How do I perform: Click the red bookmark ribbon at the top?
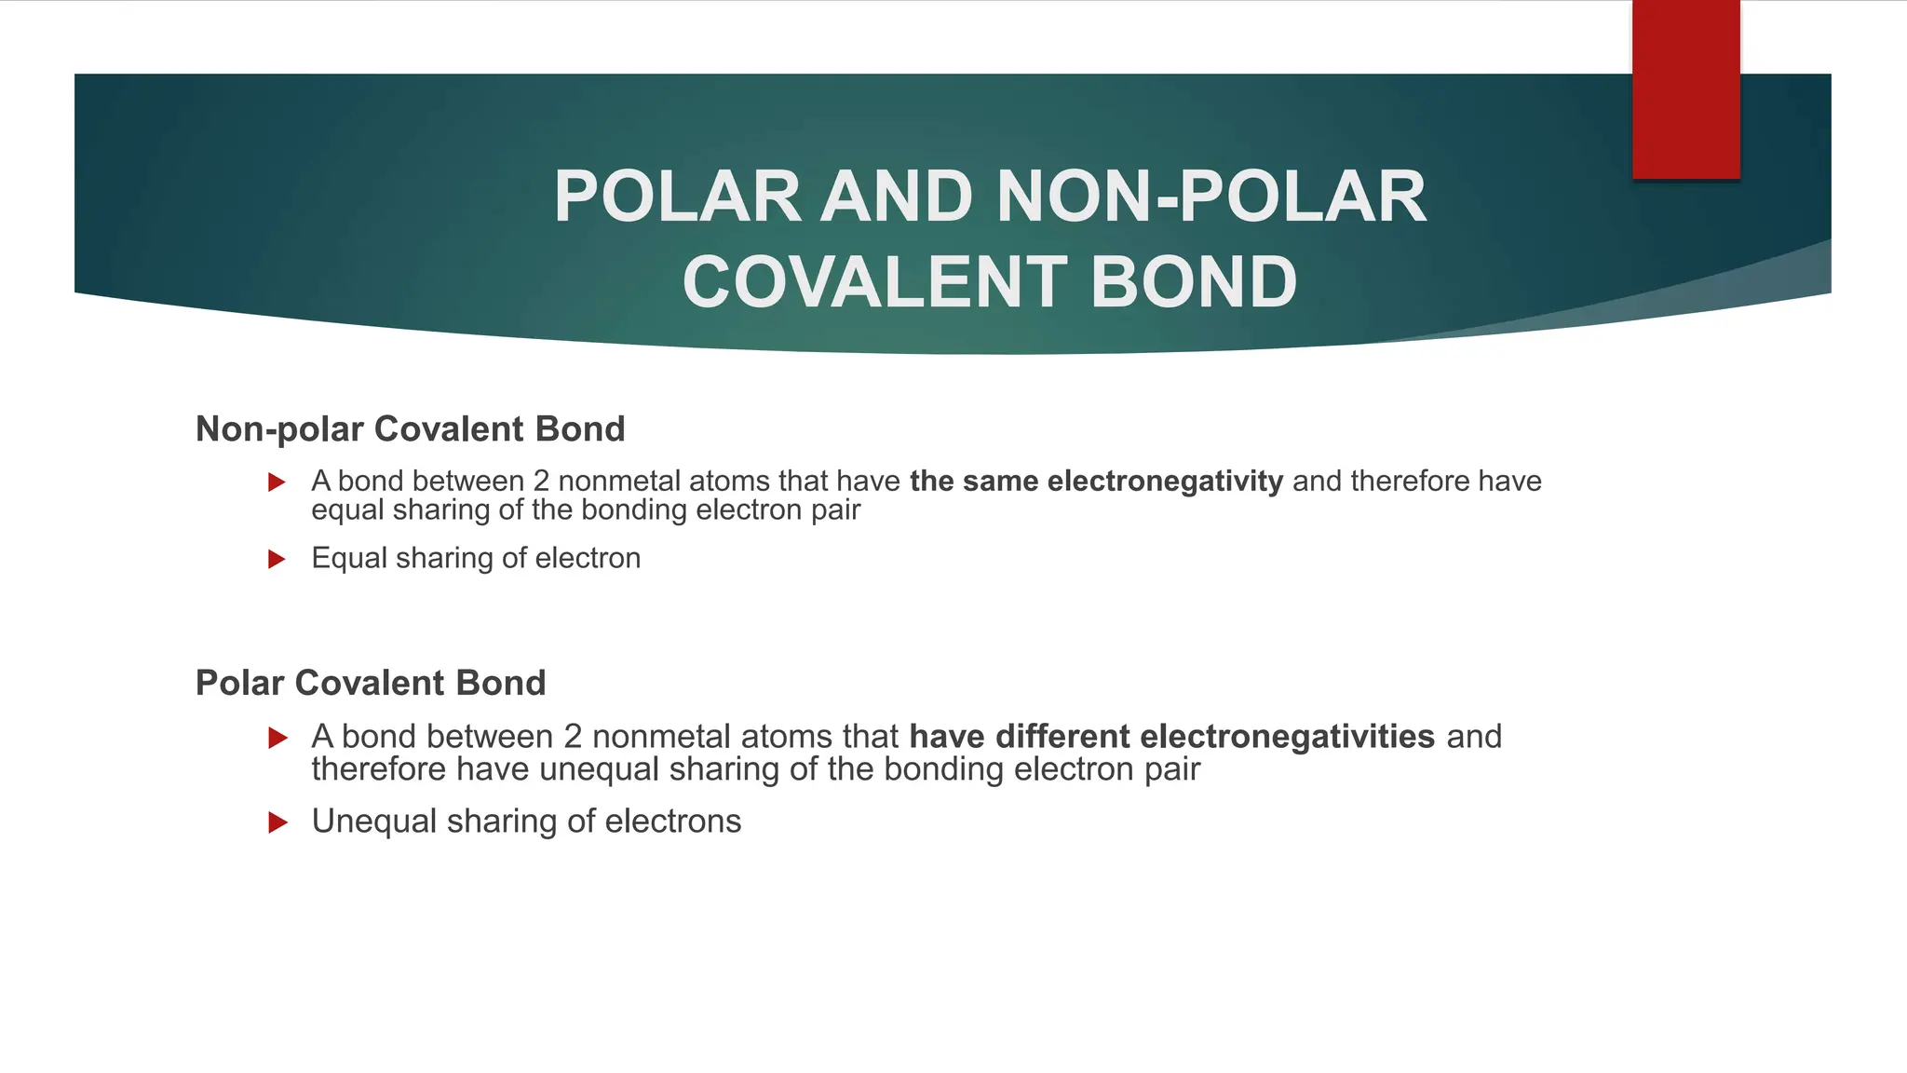click(1685, 89)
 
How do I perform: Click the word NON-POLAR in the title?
click(1210, 197)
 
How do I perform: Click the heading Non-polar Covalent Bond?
click(410, 429)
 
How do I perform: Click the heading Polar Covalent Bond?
click(371, 683)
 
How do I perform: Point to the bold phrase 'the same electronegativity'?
click(1096, 482)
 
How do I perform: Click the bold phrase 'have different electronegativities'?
click(1171, 737)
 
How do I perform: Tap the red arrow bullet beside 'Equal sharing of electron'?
click(277, 559)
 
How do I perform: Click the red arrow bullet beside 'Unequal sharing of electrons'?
click(277, 822)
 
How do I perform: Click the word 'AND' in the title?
click(897, 197)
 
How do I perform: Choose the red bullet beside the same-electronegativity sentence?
click(277, 482)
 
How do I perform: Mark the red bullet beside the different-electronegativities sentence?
click(277, 739)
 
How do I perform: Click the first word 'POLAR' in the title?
click(677, 197)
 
